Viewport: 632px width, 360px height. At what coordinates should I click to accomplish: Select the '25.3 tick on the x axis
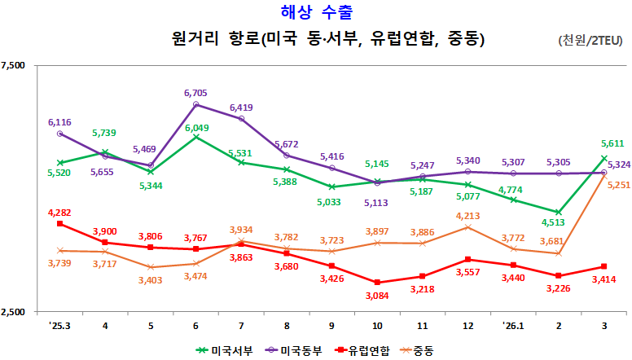59,324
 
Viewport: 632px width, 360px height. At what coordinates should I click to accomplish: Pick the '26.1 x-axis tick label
512,324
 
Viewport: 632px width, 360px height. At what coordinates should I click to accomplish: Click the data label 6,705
196,93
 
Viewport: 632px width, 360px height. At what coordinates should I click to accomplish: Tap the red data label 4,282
60,213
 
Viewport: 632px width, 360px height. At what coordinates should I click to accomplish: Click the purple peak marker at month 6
196,105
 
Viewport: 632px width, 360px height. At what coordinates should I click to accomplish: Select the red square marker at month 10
377,283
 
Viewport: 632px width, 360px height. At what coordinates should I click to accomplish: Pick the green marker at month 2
558,213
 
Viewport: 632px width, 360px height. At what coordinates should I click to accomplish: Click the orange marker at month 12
467,227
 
